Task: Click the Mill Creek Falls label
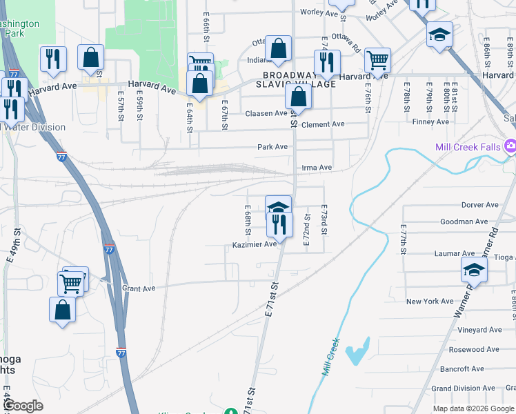[x=468, y=147]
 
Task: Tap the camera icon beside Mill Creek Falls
[x=510, y=146]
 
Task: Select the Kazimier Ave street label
[x=255, y=244]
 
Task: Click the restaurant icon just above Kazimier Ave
[x=279, y=224]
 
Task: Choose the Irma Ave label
[x=317, y=168]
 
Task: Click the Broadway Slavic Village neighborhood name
[x=299, y=79]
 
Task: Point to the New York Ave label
[x=430, y=302]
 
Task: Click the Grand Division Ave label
[x=458, y=388]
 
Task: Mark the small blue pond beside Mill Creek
[x=359, y=352]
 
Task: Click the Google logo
[x=22, y=406]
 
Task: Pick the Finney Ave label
[x=430, y=122]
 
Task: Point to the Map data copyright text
[x=473, y=408]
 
